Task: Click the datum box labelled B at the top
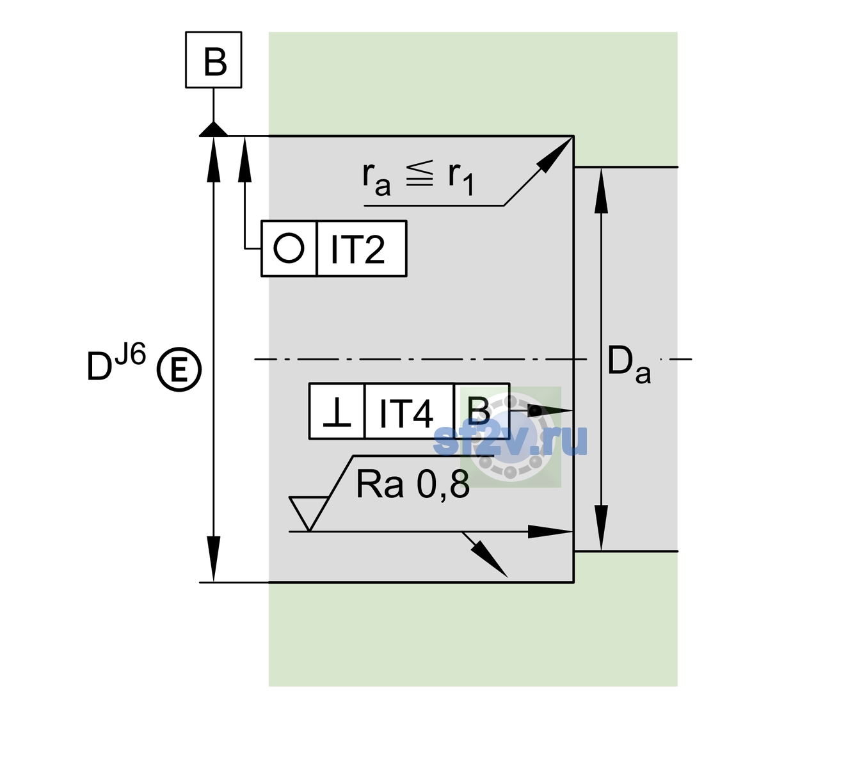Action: click(x=213, y=60)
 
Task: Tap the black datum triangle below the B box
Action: click(x=213, y=130)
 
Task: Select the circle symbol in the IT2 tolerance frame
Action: click(x=289, y=248)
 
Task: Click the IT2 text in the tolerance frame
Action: click(x=357, y=249)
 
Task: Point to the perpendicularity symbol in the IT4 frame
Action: click(x=337, y=412)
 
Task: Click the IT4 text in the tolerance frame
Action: click(x=406, y=413)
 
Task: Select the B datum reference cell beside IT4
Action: click(x=481, y=411)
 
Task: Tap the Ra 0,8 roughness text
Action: click(x=412, y=484)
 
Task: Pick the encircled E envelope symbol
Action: click(x=179, y=369)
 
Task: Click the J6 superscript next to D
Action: click(x=131, y=353)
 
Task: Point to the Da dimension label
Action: click(x=628, y=365)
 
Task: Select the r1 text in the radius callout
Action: click(x=461, y=179)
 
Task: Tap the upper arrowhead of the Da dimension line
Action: click(x=601, y=191)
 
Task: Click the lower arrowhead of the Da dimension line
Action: click(x=601, y=527)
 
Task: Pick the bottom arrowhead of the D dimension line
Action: click(x=213, y=559)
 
